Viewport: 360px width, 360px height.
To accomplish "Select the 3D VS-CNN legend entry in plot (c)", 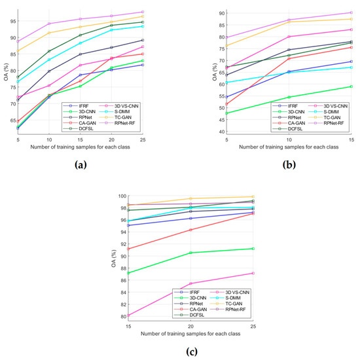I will pyautogui.click(x=209, y=292).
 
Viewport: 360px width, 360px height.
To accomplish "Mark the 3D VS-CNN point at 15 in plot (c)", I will pyautogui.click(x=128, y=315).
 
